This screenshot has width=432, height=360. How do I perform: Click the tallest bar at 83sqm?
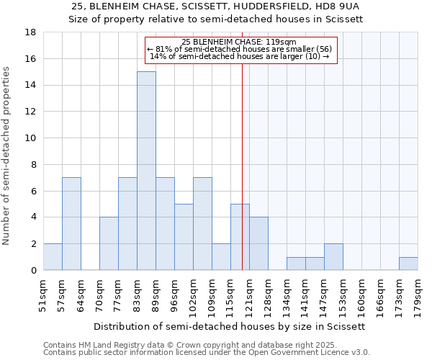(146, 171)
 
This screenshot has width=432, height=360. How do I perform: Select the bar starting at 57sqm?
(71, 223)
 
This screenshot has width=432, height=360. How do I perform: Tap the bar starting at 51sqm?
(53, 257)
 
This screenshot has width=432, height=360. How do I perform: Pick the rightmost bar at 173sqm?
(408, 264)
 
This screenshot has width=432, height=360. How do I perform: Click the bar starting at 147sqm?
(333, 257)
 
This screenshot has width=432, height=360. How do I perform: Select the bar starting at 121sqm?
(258, 243)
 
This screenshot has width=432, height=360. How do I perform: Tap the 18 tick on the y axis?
(32, 32)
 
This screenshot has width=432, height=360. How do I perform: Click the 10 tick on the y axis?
(32, 138)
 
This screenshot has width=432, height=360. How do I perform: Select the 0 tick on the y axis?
(33, 270)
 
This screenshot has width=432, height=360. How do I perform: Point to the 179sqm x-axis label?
(418, 295)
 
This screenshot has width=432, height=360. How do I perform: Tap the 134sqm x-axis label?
(287, 295)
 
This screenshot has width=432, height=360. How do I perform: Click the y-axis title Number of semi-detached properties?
(7, 156)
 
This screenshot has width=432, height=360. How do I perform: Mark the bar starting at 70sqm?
(109, 243)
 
